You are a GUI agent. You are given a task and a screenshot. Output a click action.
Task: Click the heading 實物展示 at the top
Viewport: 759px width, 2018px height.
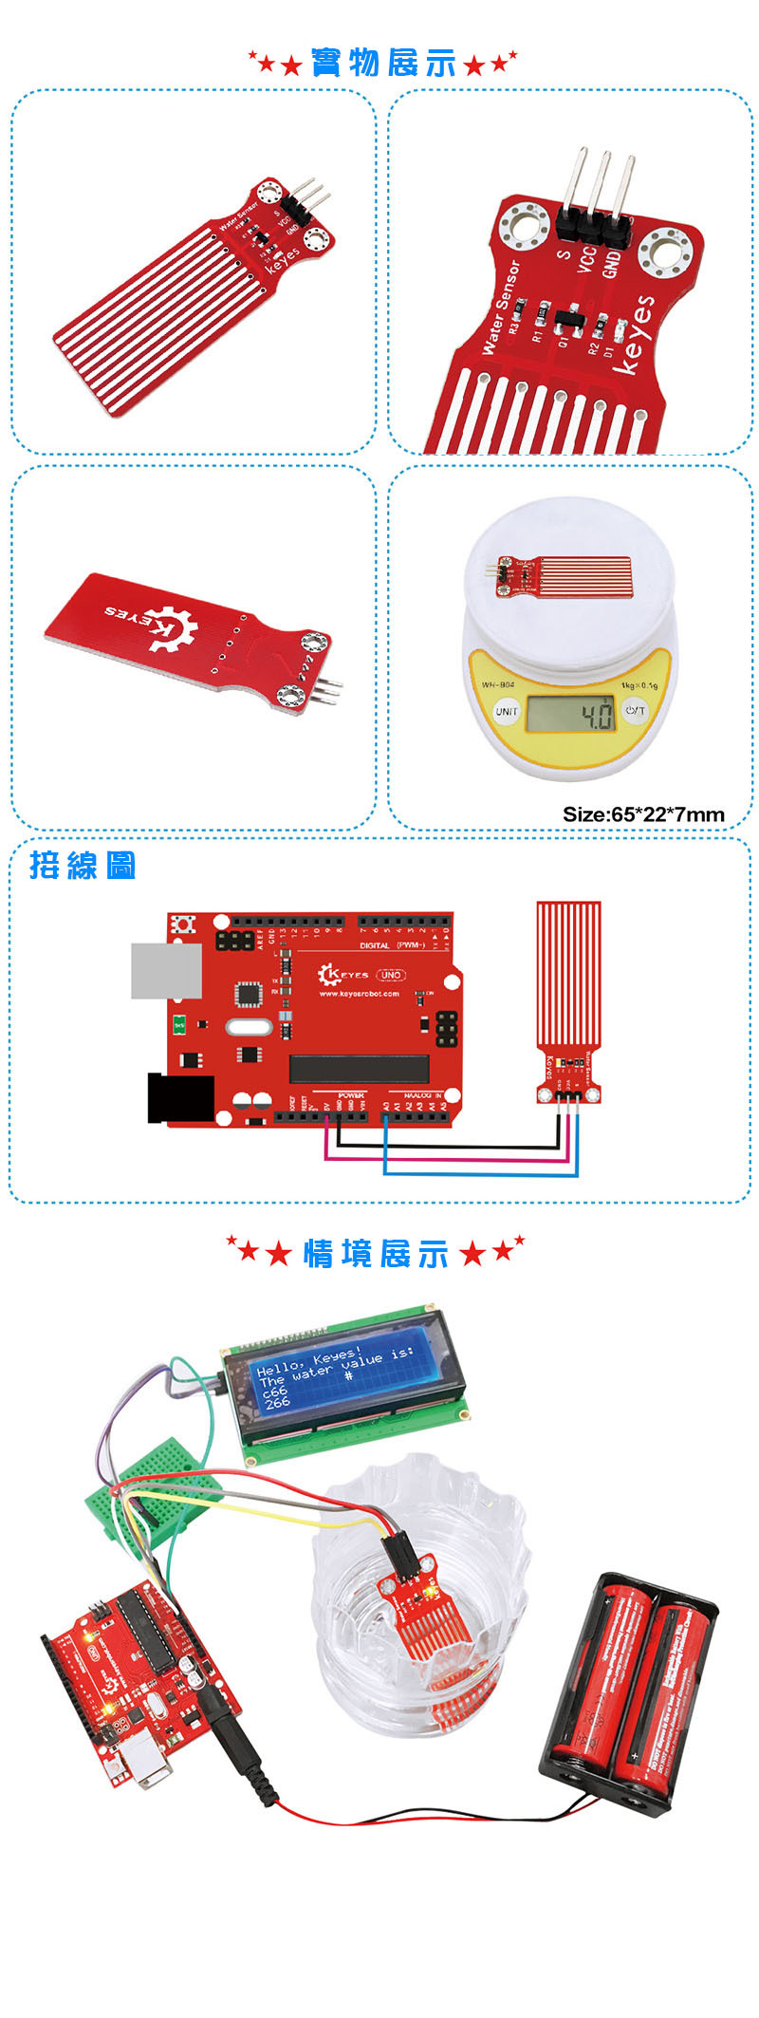coord(382,64)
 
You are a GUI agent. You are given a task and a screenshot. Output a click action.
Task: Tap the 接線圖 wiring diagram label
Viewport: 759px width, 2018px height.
coord(83,865)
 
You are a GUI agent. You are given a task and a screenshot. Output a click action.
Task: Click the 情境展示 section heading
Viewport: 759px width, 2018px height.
coord(376,1253)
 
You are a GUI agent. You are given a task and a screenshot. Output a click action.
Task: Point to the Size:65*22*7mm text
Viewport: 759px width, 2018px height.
coord(643,813)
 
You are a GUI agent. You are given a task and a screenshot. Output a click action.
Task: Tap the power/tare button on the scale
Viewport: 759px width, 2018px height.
coord(635,710)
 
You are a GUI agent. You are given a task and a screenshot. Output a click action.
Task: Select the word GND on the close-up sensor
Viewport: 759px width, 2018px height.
coord(612,262)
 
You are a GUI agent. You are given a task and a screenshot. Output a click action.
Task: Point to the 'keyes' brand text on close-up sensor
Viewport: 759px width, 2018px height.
coord(634,334)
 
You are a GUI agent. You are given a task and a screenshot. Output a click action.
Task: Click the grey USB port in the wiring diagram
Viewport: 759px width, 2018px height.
coord(166,969)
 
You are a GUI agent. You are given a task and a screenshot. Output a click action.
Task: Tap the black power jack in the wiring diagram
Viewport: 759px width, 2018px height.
coord(179,1098)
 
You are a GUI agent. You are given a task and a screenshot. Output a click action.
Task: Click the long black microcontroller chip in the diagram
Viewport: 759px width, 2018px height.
coord(360,1069)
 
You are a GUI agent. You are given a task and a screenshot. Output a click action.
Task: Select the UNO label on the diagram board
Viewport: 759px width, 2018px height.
coord(391,975)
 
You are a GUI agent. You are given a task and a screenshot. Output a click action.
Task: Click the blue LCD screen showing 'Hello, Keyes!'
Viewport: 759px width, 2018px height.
coord(335,1376)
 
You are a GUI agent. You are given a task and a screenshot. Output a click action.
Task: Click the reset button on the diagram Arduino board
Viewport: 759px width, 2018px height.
coord(181,923)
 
